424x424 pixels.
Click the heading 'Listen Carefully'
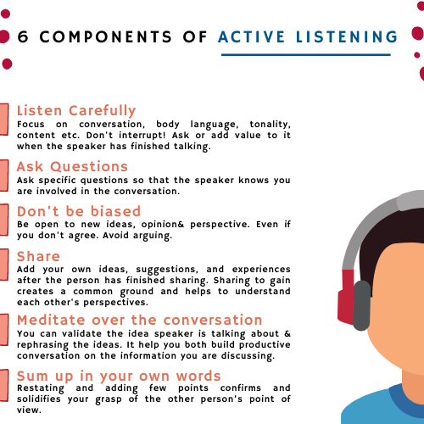(76, 110)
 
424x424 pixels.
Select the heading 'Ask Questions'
(72, 166)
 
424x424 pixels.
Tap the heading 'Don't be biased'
(79, 211)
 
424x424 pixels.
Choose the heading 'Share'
(38, 256)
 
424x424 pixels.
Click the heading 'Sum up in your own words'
(119, 376)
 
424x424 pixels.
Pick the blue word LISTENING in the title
(348, 37)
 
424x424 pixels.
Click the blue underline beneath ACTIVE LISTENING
(305, 55)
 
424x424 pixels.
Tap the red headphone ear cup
(345, 293)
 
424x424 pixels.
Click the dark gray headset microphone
(361, 305)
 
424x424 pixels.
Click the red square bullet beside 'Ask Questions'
(4, 173)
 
